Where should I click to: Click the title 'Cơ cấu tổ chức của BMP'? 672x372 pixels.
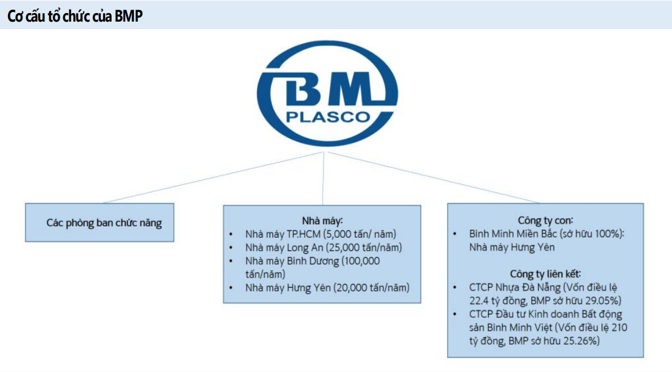point(75,16)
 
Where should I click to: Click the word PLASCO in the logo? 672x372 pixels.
point(327,117)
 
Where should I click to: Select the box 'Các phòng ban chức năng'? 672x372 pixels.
point(100,222)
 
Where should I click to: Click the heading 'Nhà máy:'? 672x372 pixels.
point(322,220)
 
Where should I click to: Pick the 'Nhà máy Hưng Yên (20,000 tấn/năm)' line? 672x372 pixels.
point(327,288)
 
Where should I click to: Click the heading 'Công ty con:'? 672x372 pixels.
point(545,220)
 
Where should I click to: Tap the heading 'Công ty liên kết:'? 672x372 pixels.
point(545,274)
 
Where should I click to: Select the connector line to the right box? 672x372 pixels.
point(433,177)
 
